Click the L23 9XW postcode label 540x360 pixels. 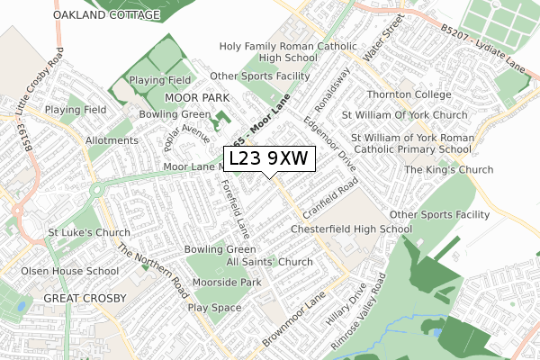[x=268, y=158]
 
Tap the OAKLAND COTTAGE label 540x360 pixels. [x=106, y=15]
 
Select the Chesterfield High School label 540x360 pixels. [x=351, y=229]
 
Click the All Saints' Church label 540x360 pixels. [x=269, y=262]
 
